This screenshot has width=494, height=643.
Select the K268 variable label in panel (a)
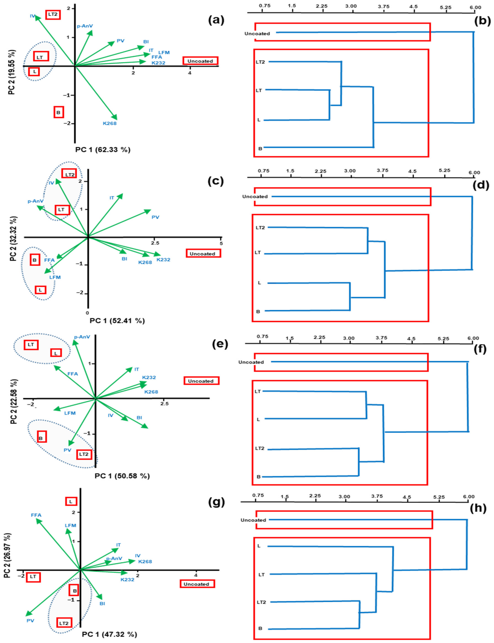click(x=110, y=124)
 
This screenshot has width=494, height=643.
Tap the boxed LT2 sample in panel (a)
click(x=53, y=14)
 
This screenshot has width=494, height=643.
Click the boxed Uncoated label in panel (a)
click(x=200, y=61)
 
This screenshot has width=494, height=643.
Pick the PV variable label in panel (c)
click(x=155, y=217)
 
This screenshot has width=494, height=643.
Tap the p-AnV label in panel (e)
click(x=82, y=337)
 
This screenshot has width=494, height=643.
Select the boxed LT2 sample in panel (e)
click(x=84, y=454)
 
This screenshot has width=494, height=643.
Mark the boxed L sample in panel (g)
click(x=71, y=502)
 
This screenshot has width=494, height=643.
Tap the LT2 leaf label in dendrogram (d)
click(x=260, y=228)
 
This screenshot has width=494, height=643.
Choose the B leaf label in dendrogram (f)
click(x=259, y=477)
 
